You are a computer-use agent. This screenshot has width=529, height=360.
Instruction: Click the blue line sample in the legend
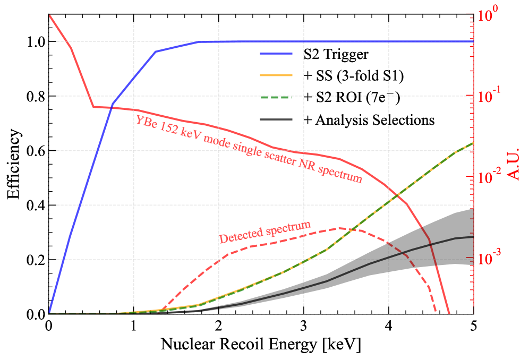[x=276, y=54]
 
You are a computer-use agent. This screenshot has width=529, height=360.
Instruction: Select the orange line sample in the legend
[x=276, y=75]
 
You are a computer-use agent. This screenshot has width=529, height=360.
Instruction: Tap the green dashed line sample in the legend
[x=276, y=97]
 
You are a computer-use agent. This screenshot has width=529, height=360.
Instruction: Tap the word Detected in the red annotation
[x=238, y=235]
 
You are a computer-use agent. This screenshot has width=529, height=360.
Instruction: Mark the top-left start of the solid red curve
[x=49, y=15]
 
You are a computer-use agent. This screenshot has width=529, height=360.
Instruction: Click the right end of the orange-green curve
[x=473, y=143]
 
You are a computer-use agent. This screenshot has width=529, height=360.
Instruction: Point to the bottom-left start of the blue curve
[x=49, y=313]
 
